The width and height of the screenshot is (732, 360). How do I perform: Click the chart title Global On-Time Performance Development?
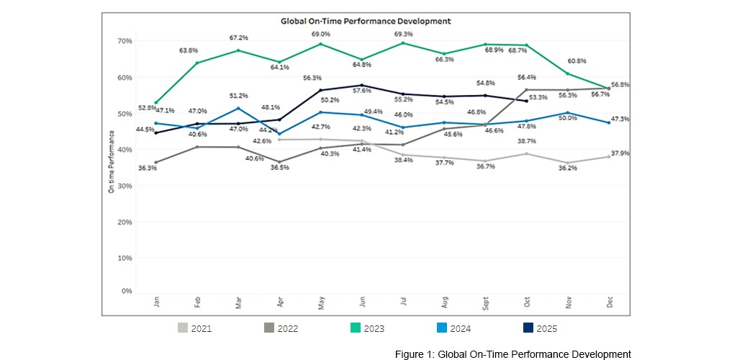pos(366,22)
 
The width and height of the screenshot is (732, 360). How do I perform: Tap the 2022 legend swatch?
pos(269,328)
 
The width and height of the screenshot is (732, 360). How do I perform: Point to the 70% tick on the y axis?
pos(125,41)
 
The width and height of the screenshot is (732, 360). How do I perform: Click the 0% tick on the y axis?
pos(127,292)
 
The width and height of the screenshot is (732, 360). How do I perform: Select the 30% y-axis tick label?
pos(125,186)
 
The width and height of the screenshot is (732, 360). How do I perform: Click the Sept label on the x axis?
pos(486,302)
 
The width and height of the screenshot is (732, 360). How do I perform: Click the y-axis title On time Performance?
pos(111,166)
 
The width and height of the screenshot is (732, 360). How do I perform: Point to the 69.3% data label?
pos(404,34)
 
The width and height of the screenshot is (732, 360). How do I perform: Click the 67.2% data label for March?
pos(239,37)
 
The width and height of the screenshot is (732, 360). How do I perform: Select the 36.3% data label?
pos(148,168)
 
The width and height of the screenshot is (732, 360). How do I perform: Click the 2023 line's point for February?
pos(197,63)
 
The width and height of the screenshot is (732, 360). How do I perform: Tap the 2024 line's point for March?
pos(239,109)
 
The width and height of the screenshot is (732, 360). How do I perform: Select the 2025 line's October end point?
pos(527,101)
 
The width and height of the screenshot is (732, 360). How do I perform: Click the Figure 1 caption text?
pos(512,354)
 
